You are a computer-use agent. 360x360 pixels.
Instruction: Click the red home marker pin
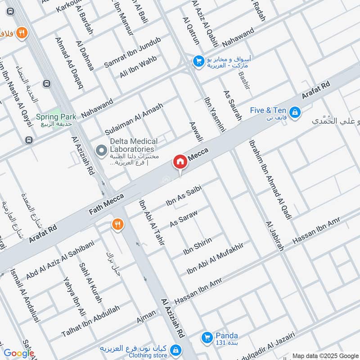(180, 162)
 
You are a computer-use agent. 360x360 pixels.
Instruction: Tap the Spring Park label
(56, 117)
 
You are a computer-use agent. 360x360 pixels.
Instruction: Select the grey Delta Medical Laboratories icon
(102, 149)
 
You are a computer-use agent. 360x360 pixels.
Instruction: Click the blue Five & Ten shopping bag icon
(295, 111)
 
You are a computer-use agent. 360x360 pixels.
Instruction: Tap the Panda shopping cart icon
(207, 336)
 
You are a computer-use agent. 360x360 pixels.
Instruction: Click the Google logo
(18, 353)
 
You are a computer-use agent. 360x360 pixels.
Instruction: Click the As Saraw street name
(183, 217)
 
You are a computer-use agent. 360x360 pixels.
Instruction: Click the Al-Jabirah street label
(274, 235)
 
